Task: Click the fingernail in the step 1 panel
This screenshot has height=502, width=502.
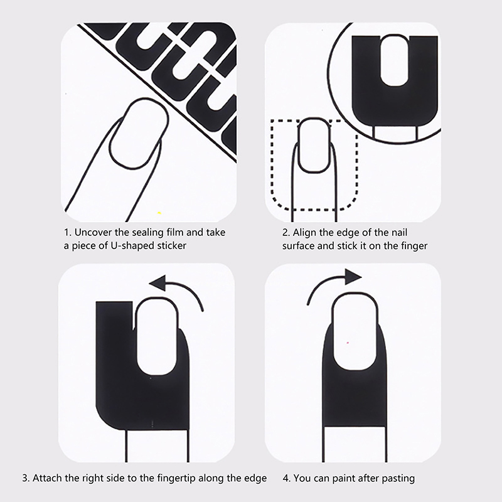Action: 139,133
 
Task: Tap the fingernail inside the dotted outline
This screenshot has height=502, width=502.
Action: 314,146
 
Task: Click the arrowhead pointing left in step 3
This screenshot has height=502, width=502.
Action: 158,282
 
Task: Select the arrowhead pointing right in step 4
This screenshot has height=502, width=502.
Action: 353,277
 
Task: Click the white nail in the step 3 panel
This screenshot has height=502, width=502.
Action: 157,336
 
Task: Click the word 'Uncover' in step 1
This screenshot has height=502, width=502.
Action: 93,232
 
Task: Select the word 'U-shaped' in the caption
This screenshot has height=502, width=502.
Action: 130,246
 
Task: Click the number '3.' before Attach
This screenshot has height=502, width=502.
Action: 26,478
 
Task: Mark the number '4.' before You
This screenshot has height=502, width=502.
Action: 287,478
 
